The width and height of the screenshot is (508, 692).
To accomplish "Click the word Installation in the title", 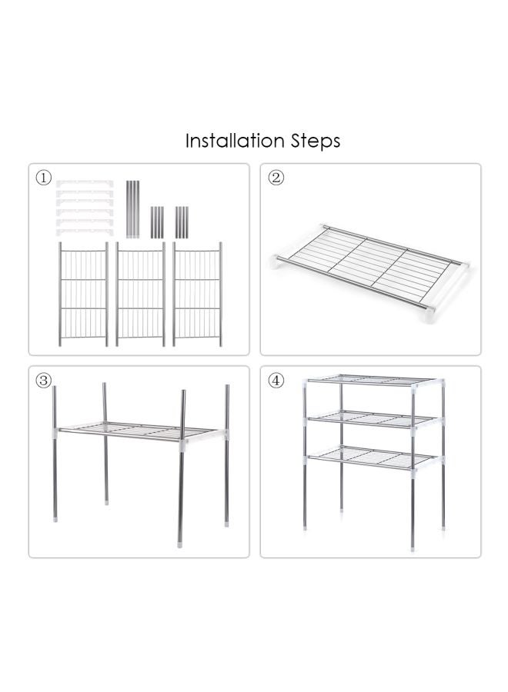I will click(x=235, y=141).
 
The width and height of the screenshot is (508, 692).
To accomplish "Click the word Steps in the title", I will click(x=316, y=142).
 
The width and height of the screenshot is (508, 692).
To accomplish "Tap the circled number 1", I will click(x=44, y=178).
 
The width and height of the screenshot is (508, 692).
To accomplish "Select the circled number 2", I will click(x=276, y=178).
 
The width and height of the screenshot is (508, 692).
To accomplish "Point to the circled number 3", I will click(x=44, y=381).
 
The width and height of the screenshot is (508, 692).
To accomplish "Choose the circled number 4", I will click(x=276, y=381).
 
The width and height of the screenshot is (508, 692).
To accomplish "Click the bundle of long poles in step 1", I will click(x=132, y=208).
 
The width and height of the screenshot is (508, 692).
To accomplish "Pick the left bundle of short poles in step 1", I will click(x=157, y=221).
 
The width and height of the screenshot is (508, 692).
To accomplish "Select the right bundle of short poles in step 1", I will click(x=182, y=221).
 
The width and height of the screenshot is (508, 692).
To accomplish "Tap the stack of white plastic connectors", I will click(x=85, y=207).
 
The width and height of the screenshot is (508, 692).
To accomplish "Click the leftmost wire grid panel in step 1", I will click(x=83, y=294).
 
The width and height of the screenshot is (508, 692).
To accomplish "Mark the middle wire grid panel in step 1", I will click(x=140, y=294).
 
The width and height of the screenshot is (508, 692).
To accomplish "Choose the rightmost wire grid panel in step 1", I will click(x=197, y=294).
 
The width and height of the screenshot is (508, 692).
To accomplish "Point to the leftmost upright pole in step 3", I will click(x=54, y=454).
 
